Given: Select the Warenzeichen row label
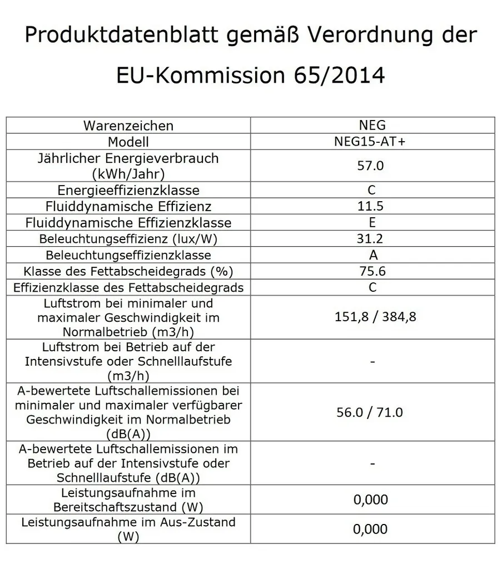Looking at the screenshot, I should click(128, 126).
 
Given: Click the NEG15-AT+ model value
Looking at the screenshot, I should click(372, 142).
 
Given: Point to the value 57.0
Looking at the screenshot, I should click(372, 166).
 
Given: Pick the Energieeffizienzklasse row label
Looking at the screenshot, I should click(128, 190).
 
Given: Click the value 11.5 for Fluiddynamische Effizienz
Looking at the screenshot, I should click(372, 206).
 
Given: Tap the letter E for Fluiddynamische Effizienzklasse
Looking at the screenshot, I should click(372, 223).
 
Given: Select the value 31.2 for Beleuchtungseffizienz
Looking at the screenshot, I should click(372, 239).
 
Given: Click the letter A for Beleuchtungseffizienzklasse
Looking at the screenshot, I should click(372, 255).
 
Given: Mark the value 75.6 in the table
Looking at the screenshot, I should click(372, 271).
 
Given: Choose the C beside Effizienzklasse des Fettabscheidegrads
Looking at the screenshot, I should click(372, 287).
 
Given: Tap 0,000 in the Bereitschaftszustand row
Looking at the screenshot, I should click(371, 500).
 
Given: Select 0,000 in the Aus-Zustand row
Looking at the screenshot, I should click(371, 528).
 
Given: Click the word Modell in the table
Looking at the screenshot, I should click(128, 142).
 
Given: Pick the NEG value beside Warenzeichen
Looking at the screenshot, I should click(372, 126).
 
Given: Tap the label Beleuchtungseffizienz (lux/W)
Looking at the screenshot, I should click(128, 239).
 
